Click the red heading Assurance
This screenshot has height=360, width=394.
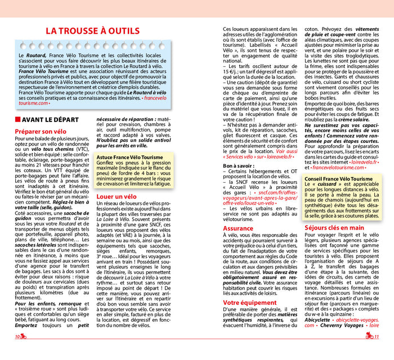[238, 228]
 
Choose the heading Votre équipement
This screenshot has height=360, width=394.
[249, 302]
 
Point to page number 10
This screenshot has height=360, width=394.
[17, 336]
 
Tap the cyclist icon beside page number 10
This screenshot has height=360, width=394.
[25, 336]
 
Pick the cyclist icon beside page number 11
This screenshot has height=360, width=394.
[369, 336]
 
